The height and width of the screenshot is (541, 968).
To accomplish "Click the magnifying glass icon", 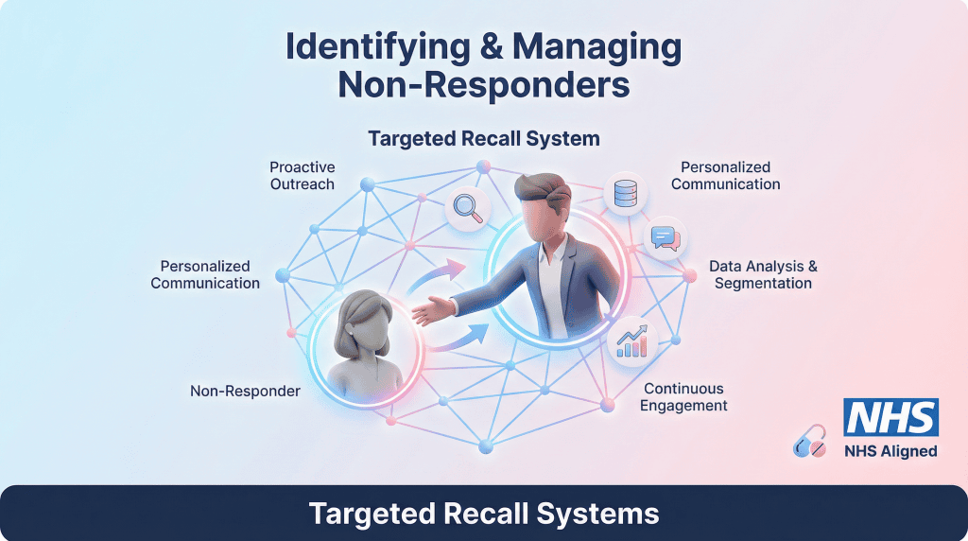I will [x=467, y=208].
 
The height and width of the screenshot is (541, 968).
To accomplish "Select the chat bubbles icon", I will [x=665, y=238].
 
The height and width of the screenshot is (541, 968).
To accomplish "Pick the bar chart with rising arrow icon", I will [x=631, y=341].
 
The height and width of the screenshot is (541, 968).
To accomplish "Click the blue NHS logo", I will [x=890, y=417].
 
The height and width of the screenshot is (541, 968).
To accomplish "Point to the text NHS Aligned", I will [x=890, y=451].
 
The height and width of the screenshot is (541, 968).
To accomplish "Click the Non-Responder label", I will [x=245, y=391].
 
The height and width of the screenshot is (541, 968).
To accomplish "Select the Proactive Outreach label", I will [x=302, y=176].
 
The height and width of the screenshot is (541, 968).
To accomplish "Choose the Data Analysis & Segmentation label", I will [x=763, y=275].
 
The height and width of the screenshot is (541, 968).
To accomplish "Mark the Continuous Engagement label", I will [x=683, y=397].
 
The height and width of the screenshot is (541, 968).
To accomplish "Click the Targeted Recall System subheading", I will [x=484, y=139].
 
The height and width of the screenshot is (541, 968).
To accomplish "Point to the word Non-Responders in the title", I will [x=484, y=85].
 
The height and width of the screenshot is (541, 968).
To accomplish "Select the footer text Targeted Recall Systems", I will [x=484, y=514].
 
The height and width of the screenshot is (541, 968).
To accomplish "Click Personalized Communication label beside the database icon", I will [x=725, y=176].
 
